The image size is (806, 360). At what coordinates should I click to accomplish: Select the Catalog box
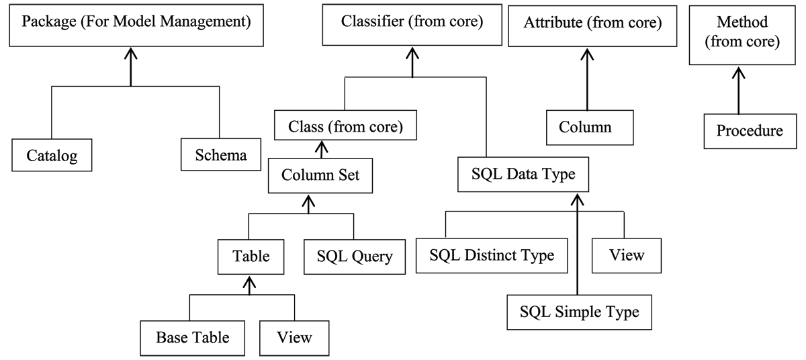[52, 156]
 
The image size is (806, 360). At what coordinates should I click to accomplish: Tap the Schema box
[220, 155]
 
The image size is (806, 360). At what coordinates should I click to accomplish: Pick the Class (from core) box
[345, 126]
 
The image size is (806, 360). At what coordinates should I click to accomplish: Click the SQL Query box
[355, 256]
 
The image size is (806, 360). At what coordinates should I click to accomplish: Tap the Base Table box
[193, 336]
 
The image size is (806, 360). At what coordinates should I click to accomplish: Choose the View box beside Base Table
[294, 336]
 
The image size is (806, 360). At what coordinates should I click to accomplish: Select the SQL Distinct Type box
[491, 255]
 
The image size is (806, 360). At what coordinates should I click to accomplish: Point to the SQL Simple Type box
[579, 312]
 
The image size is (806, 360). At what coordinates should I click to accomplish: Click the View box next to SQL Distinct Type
[627, 255]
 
